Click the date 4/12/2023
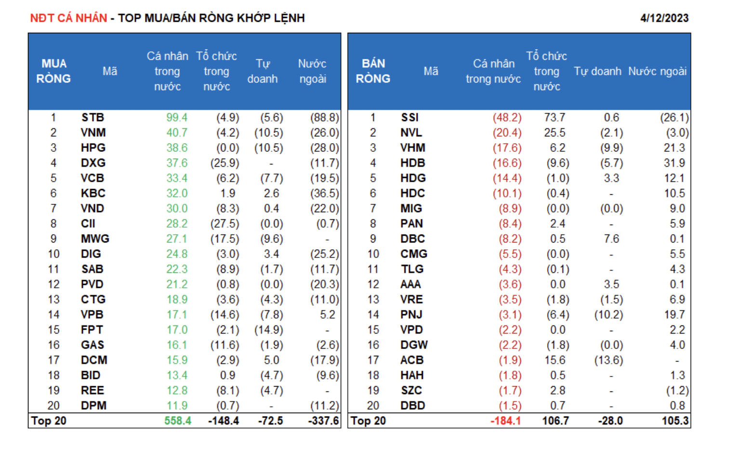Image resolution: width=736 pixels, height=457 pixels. pos(664,18)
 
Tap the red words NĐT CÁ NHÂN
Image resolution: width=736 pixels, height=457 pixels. pos(68,18)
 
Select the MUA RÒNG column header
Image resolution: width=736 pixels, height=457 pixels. pos(53,71)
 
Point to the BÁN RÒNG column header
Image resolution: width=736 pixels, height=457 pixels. pos(373,71)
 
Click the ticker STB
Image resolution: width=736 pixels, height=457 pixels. pos(92,118)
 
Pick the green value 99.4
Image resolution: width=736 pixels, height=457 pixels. pos(177,118)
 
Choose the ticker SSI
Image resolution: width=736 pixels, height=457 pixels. pos(410,118)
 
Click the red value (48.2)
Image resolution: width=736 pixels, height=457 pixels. pos(507,118)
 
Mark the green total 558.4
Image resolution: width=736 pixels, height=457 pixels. pos(178,421)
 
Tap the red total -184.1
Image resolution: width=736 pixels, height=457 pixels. pos(505,421)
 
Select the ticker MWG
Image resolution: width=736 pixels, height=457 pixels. pos(95,239)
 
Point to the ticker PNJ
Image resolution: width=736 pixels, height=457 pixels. pos(411,315)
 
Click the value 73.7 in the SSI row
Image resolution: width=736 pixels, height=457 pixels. pos(554,118)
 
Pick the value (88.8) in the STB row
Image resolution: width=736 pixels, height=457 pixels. pos(324,118)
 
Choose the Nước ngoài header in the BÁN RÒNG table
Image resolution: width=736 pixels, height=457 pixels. pos(657,71)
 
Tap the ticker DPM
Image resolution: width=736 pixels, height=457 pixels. pos(93,405)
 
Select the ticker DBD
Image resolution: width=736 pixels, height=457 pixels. pos(413,405)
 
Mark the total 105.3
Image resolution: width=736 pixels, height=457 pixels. pos(675,421)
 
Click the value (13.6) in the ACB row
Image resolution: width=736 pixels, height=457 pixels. pos(608,360)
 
